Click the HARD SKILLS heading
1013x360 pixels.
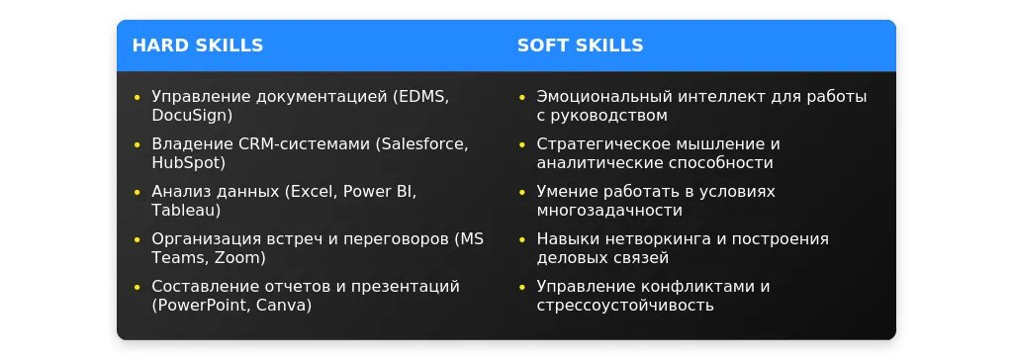(198, 45)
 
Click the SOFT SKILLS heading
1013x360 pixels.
(580, 45)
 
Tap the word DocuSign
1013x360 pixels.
(189, 116)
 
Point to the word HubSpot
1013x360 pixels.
(185, 163)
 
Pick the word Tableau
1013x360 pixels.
(183, 211)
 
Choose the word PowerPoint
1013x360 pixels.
(200, 305)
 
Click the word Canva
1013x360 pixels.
(281, 305)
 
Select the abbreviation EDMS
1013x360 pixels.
(421, 97)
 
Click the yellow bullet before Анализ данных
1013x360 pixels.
(137, 192)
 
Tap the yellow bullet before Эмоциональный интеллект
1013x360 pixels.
(522, 98)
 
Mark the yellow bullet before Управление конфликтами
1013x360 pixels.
(522, 287)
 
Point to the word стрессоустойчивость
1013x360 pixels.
(625, 306)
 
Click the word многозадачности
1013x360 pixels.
(609, 212)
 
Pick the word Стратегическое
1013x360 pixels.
(601, 144)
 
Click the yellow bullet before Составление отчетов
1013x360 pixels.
(137, 287)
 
